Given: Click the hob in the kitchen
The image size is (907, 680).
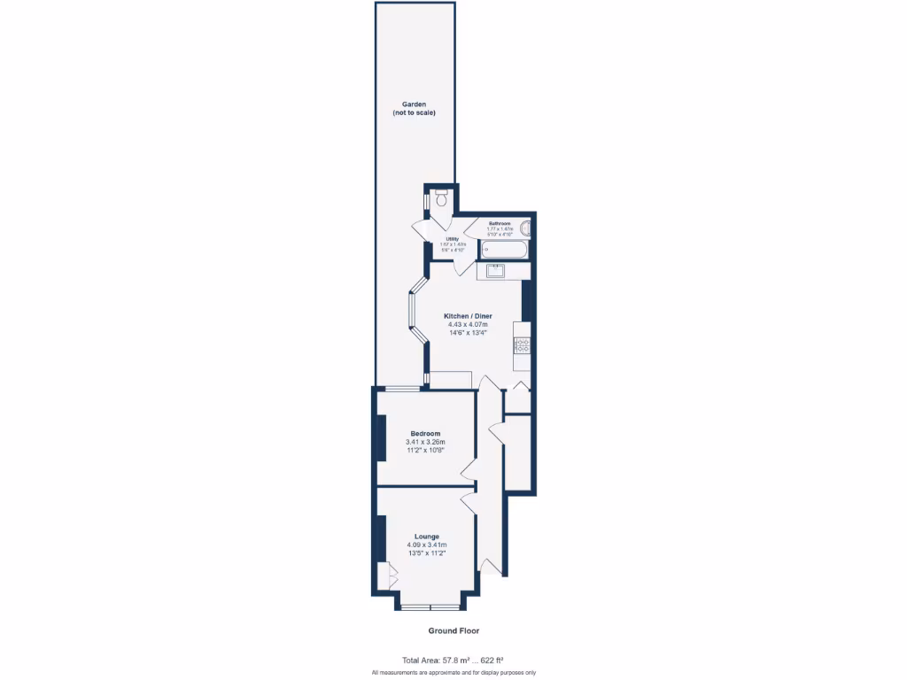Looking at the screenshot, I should [522, 345].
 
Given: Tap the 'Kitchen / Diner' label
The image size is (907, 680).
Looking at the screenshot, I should [468, 316].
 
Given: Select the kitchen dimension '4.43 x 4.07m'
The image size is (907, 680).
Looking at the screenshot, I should [468, 325].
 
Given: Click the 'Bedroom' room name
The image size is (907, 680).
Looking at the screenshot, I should [425, 434].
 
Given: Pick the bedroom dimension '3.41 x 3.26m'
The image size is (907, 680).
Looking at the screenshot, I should [425, 442].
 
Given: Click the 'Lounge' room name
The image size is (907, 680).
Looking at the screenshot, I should [427, 537].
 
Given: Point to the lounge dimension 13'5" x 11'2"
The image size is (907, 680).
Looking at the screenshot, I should [426, 552].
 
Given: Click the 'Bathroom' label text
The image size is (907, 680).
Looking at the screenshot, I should [500, 223].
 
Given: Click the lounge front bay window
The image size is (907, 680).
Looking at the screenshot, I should [430, 607].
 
